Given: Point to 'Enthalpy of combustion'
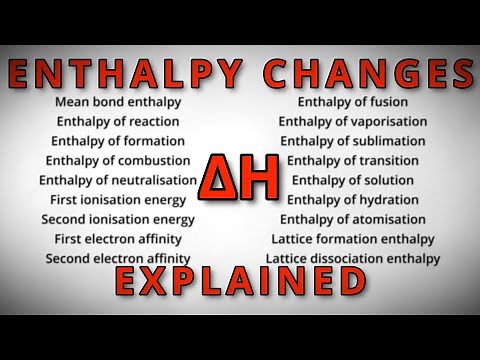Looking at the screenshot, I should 118,160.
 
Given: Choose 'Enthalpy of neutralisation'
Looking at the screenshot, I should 118,180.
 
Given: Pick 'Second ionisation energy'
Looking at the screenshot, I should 118,219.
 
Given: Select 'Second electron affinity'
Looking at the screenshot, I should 118,258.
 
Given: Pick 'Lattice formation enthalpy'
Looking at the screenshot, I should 353,239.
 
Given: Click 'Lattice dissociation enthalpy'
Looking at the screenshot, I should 353,258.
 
